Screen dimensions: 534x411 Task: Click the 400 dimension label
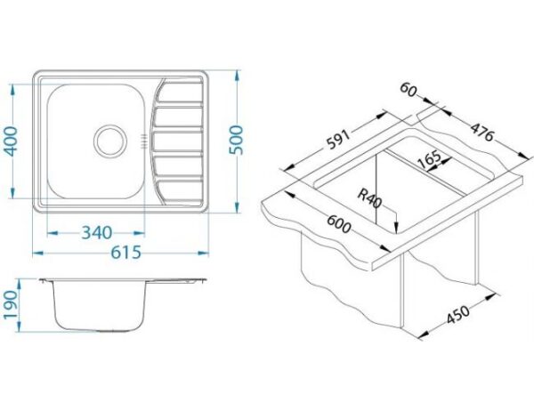12,141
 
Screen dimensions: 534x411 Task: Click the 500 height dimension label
236,140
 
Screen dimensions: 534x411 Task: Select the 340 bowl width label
96,233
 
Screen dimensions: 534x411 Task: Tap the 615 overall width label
125,253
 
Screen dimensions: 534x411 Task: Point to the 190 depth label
10,305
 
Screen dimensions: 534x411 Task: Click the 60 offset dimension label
408,90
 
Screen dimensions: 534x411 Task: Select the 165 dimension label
429,158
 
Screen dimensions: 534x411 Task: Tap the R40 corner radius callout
369,198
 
